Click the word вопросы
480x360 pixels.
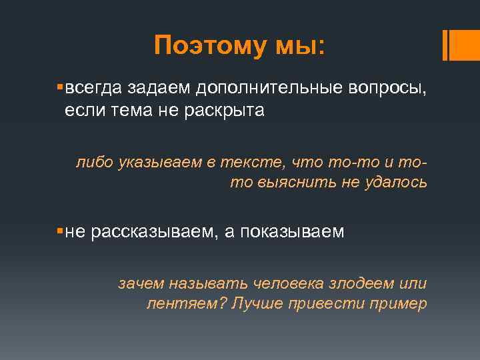pyautogui.click(x=389, y=89)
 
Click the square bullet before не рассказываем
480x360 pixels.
pyautogui.click(x=60, y=231)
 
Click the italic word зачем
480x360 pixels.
pyautogui.click(x=140, y=283)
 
